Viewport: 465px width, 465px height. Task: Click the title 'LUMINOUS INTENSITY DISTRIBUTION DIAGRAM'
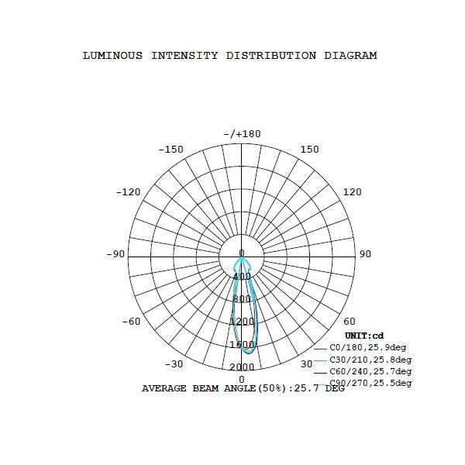[x=229, y=56]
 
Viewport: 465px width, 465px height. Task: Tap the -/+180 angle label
[x=242, y=134]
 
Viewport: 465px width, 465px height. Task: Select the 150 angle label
[x=309, y=150]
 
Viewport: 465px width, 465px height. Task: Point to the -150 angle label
[x=170, y=150]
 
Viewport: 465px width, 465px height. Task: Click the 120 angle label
[x=352, y=192]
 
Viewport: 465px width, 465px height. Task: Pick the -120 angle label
[x=128, y=192]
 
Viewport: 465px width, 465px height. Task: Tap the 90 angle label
[x=366, y=254]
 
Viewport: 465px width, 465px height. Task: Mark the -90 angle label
[x=115, y=254]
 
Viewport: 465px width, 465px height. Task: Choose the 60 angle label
[x=349, y=322]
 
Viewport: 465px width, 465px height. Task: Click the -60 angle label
[x=132, y=322]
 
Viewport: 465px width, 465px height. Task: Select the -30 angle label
[x=175, y=363]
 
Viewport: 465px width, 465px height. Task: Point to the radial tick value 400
[x=242, y=277]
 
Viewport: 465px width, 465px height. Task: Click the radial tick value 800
[x=242, y=299]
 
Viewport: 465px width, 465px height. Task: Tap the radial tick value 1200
[x=242, y=322]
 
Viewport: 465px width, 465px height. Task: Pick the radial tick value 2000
[x=242, y=367]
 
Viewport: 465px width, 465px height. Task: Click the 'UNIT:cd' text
[x=364, y=336]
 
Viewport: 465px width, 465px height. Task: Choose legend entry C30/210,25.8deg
[x=370, y=360]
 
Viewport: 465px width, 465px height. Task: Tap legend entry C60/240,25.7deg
[x=370, y=371]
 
